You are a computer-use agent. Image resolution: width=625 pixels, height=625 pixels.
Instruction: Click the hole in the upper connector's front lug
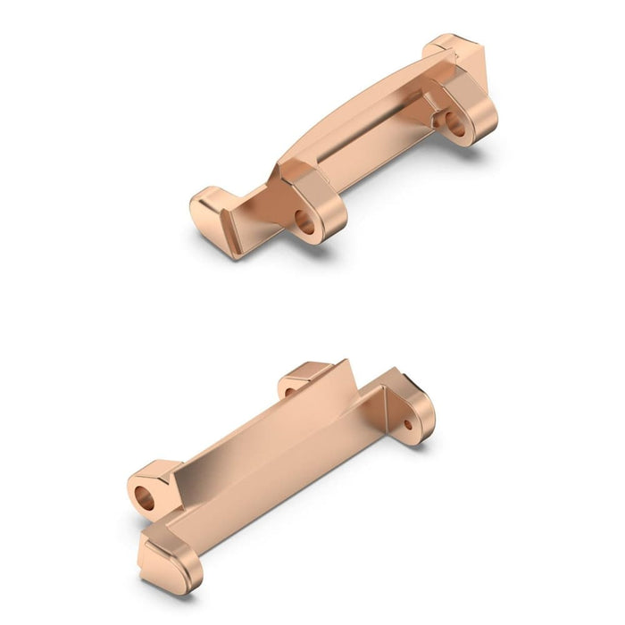click(x=305, y=222)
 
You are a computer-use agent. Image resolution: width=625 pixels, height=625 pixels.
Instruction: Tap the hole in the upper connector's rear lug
click(x=455, y=124)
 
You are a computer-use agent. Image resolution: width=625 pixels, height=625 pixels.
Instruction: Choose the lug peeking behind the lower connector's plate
click(x=304, y=379)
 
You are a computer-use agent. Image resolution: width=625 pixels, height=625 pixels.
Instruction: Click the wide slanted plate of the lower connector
click(x=268, y=429)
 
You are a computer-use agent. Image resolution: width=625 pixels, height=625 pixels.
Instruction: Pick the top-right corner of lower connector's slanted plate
click(x=344, y=366)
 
